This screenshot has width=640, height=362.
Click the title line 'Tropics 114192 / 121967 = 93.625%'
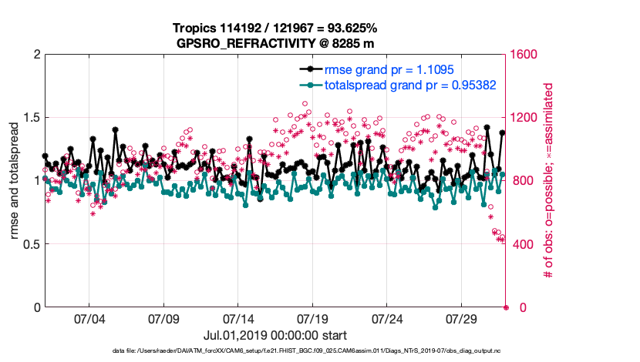coord(275,28)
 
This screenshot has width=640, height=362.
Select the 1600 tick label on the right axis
coord(526,55)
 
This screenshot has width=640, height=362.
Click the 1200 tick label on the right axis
coord(526,118)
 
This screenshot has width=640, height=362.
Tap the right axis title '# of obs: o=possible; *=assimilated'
coord(549,181)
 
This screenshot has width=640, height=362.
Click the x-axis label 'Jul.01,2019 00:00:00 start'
coord(275,335)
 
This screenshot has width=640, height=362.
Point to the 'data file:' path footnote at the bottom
coord(275,351)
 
